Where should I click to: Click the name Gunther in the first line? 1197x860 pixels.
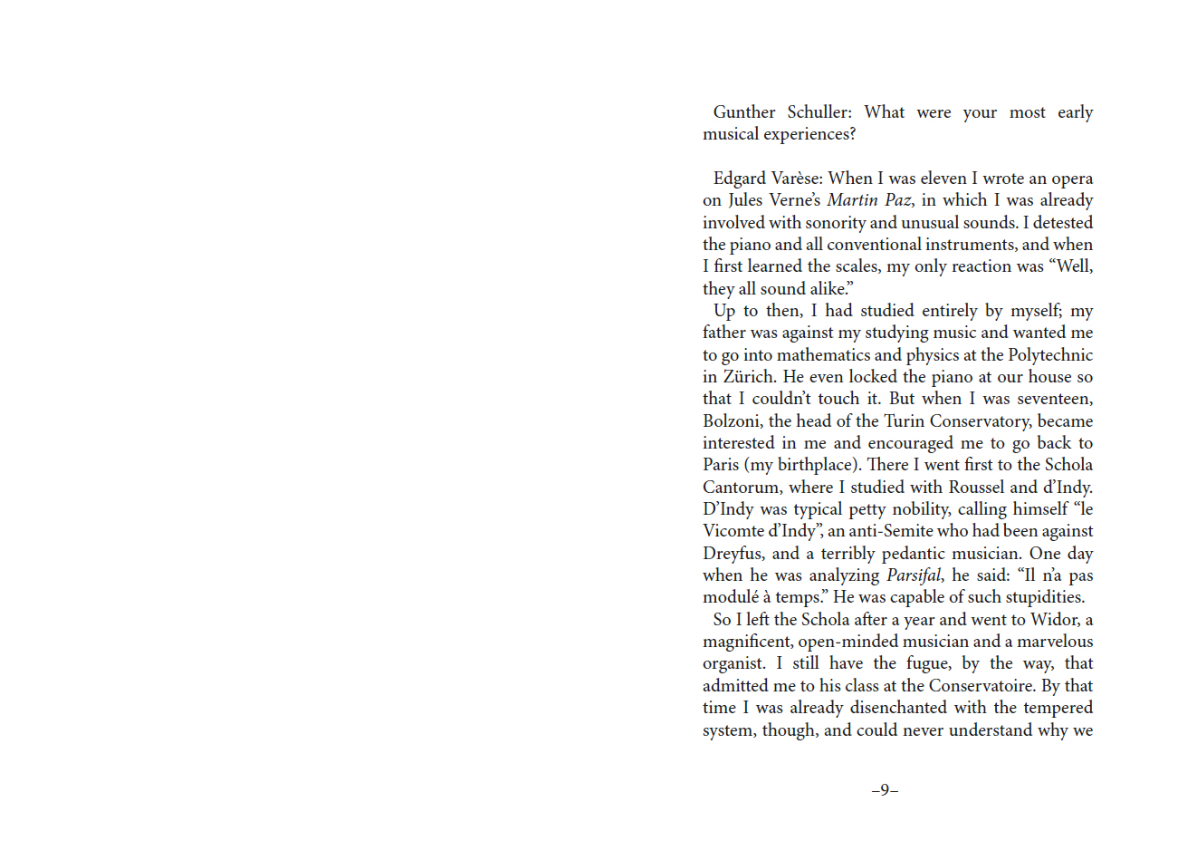point(743,112)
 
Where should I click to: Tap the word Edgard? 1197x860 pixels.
point(739,179)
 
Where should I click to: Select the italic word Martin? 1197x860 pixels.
point(852,200)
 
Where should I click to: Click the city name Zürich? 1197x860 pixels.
point(748,377)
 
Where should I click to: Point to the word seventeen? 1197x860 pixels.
point(1054,399)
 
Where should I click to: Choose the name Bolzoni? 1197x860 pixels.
point(732,421)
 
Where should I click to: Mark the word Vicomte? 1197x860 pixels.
point(733,531)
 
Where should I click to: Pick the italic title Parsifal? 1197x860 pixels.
point(913,575)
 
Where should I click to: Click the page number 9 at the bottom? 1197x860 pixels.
point(885,790)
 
